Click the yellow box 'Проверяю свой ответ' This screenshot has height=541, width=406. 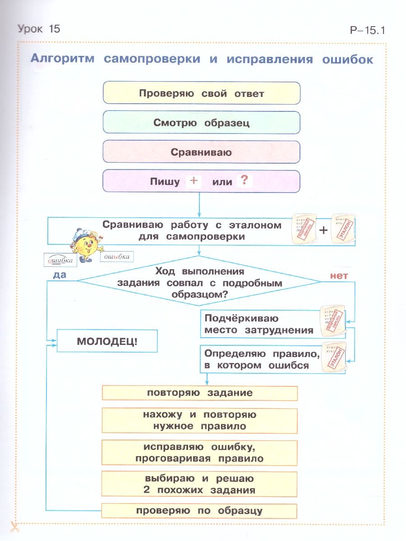[201, 93]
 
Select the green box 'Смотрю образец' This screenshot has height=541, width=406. [201, 123]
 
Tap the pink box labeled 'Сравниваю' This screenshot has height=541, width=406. [201, 152]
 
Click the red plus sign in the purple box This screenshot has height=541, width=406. [194, 181]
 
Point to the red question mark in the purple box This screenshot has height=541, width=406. [244, 181]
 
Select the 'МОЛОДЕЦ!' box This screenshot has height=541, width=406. [107, 341]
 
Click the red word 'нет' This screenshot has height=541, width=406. [339, 275]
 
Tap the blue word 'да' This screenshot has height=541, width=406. [60, 275]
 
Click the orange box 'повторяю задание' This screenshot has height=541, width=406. [199, 393]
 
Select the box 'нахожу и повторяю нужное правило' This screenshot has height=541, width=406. [199, 420]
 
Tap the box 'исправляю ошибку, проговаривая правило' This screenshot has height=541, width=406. [199, 453]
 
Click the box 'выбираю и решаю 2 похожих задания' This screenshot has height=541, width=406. [199, 484]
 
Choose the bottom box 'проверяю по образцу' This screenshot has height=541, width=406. [199, 511]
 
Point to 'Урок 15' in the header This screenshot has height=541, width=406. [38, 29]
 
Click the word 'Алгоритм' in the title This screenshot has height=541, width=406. [62, 59]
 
